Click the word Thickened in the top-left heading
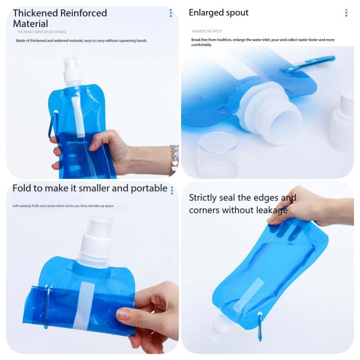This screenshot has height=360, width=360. point(35,13)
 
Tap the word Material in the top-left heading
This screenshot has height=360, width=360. point(30,24)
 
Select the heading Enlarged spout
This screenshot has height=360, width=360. point(218,13)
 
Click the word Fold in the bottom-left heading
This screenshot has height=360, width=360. point(22,188)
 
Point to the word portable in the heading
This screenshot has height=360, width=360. point(149,189)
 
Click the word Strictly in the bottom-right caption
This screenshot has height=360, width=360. point(202,198)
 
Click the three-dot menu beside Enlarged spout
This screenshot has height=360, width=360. point(346,13)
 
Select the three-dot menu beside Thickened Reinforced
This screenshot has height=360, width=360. point(171,13)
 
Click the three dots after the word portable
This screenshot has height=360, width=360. point(172,190)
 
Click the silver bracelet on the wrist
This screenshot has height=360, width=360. point(174,160)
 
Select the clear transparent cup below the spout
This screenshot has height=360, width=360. point(218,155)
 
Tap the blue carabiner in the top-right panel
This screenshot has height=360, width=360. point(307,64)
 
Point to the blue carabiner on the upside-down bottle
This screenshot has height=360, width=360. point(260,326)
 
